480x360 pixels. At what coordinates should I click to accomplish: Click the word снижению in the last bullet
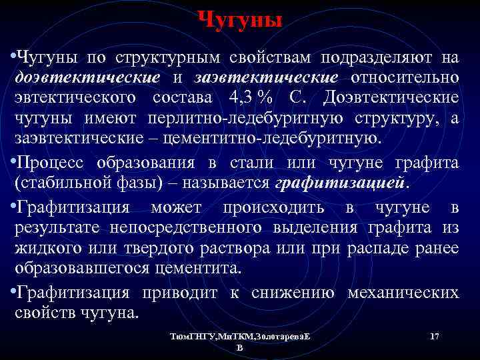pyautogui.click(x=299, y=292)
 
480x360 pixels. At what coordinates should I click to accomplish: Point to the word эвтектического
pyautogui.click(x=77, y=97)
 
